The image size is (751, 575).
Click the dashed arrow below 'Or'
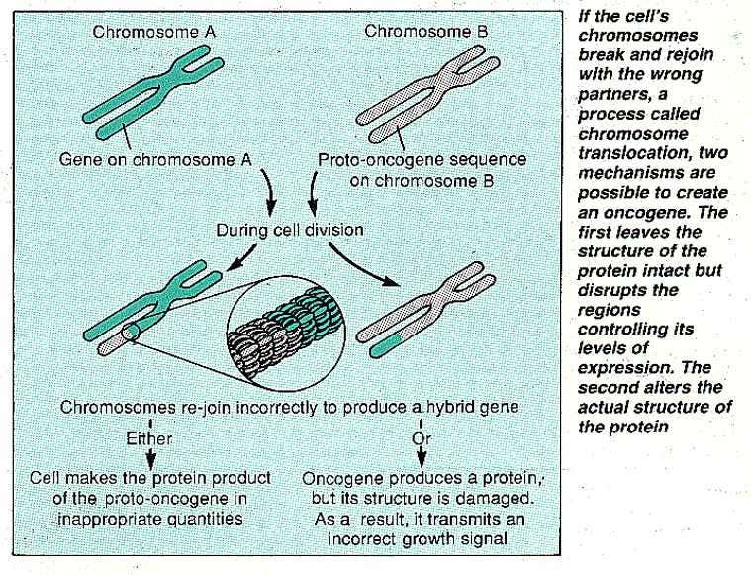click(423, 456)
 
